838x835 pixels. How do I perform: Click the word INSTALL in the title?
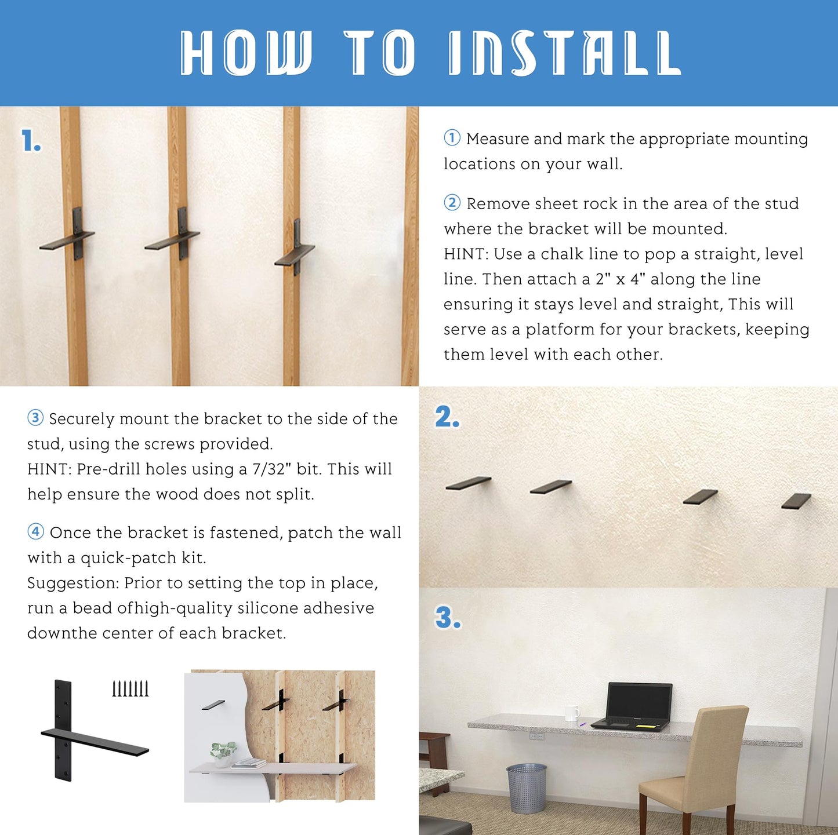pos(564,53)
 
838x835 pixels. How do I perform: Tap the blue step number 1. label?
pos(31,141)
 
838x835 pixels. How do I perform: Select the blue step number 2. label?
pos(447,417)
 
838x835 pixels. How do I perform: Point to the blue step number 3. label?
pos(448,618)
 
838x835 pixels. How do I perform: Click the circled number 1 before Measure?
pos(452,138)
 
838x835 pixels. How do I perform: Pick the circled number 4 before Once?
pos(36,532)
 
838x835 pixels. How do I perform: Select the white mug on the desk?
pos(572,713)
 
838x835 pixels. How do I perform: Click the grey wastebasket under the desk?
pos(527,788)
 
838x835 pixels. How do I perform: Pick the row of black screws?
pos(130,689)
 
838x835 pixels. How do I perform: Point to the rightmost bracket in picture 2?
pos(796,501)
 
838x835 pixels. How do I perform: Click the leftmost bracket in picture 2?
pos(469,483)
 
